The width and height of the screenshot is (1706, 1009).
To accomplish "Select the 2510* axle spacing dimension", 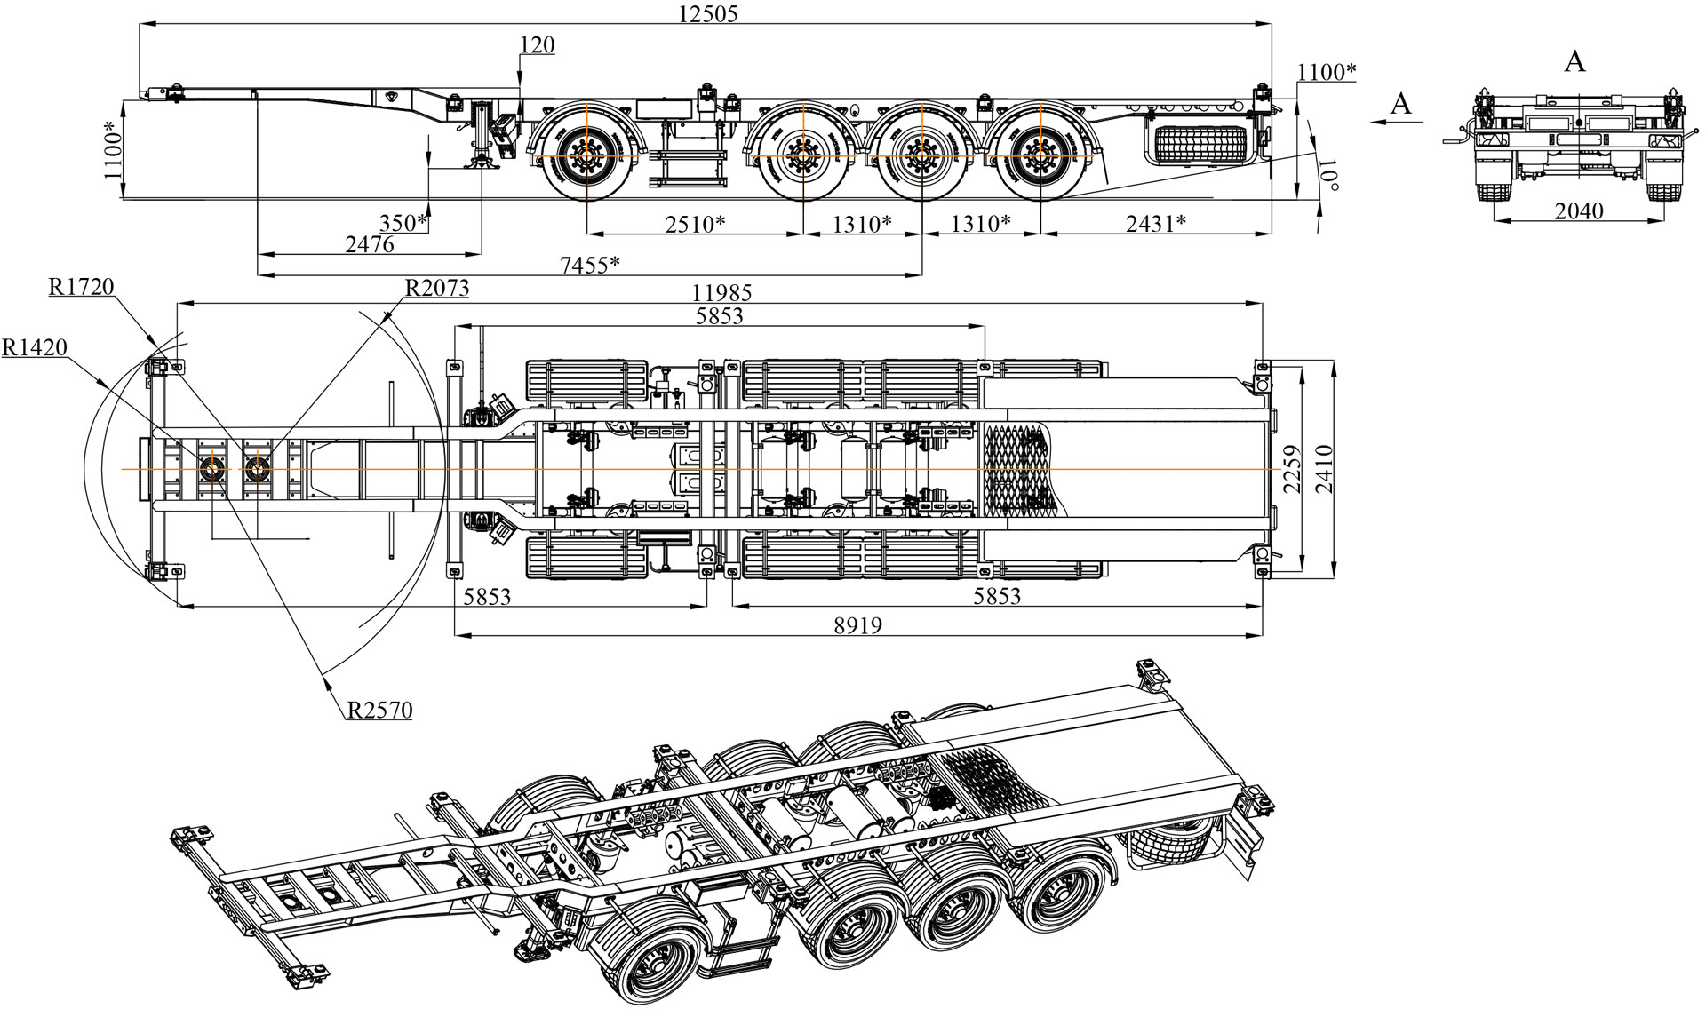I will coord(696,223).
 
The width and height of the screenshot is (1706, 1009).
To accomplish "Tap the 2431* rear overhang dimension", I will coord(1156,223).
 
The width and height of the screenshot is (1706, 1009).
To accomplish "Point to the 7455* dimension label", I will coord(589,264).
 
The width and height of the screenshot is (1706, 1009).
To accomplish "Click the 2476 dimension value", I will coord(369,243).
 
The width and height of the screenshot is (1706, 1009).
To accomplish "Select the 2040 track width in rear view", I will coord(1579,211).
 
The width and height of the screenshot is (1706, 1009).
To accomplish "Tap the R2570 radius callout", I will coord(379,710).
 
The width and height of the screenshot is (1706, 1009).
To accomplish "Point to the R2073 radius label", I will coord(436,288).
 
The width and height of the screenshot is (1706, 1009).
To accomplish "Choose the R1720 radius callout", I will coord(82,286).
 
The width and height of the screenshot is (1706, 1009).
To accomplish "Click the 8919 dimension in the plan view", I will coord(857,624).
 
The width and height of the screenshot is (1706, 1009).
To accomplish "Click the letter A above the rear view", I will coord(1574,60).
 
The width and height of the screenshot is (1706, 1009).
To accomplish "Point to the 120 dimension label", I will coord(538,45).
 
